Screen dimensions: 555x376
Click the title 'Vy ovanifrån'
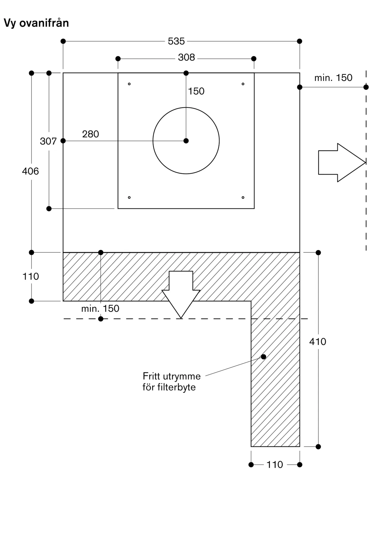point(36,23)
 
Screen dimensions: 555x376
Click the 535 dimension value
point(176,41)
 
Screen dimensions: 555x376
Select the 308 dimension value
point(186,57)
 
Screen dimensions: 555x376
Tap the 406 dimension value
point(31,171)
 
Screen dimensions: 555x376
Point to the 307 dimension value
point(48,141)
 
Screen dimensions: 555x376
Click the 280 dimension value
point(90,134)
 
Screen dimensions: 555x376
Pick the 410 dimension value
point(318,342)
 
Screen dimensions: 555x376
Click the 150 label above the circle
point(196,91)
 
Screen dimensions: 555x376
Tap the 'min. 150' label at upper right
point(333,78)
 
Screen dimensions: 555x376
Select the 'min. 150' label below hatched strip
point(100,309)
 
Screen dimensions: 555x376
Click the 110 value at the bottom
point(275,465)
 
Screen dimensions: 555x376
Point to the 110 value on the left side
point(31,276)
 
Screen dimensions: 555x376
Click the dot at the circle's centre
point(186,141)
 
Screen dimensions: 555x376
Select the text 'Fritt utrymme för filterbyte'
point(171,382)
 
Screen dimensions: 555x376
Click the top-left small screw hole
point(129,84)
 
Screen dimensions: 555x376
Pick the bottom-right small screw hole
point(243,198)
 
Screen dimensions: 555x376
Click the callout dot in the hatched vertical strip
point(264,357)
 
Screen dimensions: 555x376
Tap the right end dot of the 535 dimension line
point(299,41)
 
